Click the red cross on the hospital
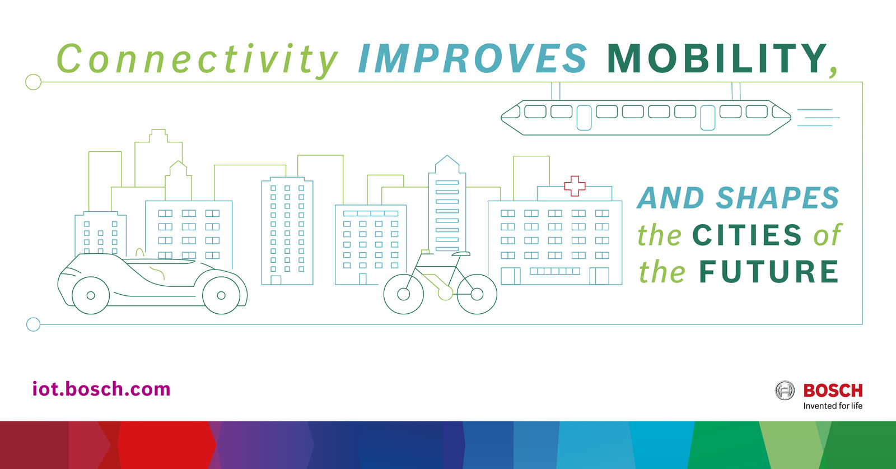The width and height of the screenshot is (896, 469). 575,185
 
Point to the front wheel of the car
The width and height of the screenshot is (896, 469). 91,295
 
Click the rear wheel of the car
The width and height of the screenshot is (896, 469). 221,295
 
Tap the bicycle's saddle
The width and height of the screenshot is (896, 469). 461,254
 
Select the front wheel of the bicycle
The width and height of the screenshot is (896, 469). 404,294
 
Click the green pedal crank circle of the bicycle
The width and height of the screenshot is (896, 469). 445,293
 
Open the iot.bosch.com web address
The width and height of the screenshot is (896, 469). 101,388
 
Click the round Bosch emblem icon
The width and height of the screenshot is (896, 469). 785,390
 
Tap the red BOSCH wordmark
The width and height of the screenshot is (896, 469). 833,390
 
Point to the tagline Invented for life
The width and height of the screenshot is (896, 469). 833,406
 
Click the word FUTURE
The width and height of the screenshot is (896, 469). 768,272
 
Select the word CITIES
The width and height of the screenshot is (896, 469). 747,235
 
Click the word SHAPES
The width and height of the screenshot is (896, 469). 778,198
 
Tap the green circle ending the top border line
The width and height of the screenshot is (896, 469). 33,82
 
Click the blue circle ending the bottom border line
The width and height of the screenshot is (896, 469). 33,324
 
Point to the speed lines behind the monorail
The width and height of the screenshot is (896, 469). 818,118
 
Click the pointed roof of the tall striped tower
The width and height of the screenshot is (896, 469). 447,164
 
